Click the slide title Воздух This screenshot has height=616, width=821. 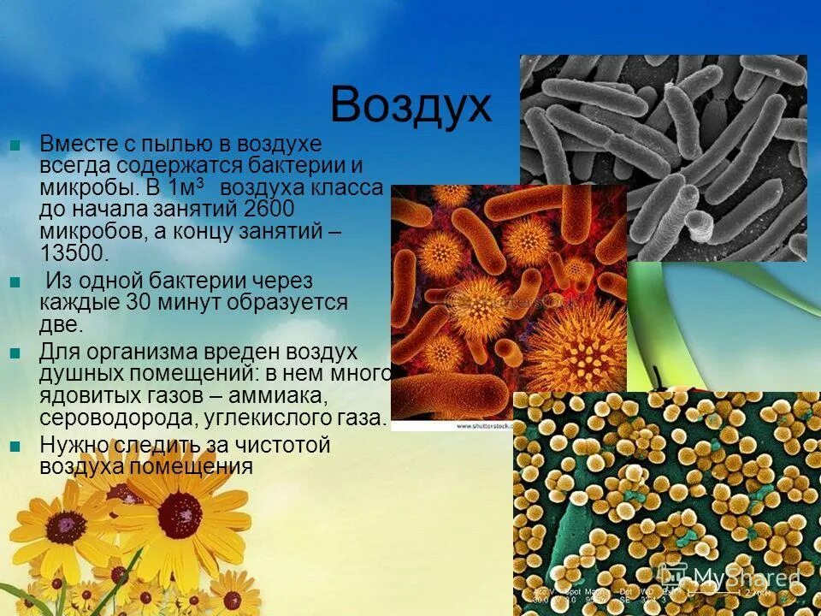(410, 106)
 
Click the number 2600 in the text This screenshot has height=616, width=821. (269, 210)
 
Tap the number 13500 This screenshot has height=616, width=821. (75, 252)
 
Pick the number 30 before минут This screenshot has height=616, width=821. (139, 302)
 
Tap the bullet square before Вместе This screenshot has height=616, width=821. (15, 145)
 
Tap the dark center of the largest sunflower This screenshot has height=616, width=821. (180, 513)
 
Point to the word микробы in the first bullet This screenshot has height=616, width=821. (79, 187)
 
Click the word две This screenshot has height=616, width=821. (61, 324)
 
